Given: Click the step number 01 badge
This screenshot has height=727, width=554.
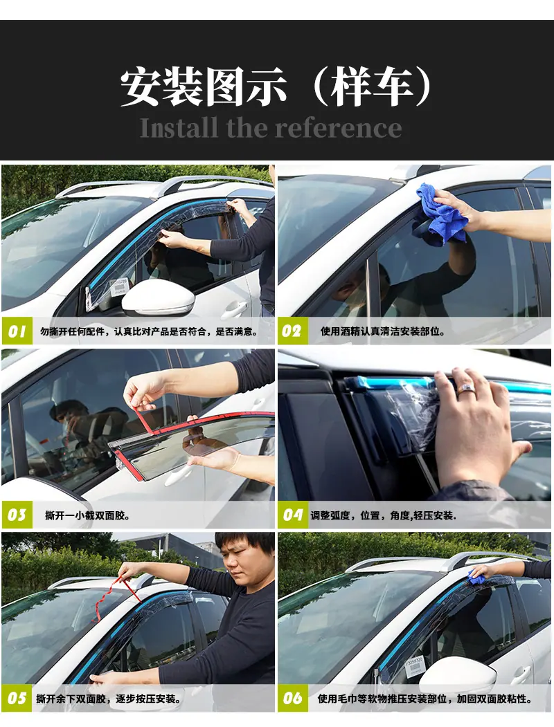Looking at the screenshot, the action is click(17, 331).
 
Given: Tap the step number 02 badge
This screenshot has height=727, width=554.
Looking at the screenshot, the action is click(293, 331).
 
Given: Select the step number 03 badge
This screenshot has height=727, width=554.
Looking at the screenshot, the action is click(17, 515).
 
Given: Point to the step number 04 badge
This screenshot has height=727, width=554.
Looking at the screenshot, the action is click(293, 515).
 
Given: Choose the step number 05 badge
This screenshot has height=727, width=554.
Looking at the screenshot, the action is click(17, 698).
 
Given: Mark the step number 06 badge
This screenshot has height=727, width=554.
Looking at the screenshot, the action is click(293, 698).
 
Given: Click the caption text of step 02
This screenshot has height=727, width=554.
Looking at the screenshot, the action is click(383, 331).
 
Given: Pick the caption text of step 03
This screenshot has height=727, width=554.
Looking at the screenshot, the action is click(87, 515).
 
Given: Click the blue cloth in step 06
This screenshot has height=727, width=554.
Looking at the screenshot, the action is click(476, 576).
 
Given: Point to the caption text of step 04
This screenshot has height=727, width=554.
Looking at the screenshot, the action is click(383, 515).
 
